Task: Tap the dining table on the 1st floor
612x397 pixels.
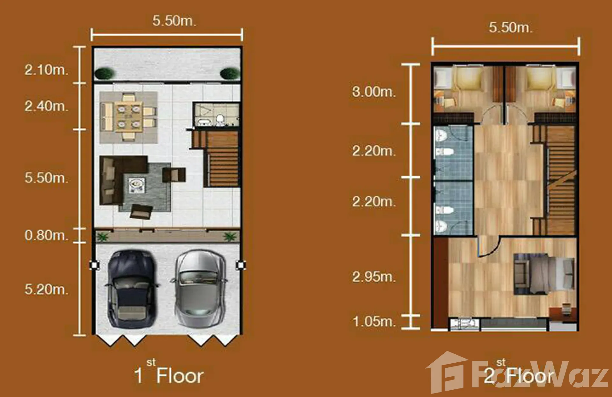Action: click(129, 117)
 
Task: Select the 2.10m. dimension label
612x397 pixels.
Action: click(47, 70)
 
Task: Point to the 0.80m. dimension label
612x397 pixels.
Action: click(47, 235)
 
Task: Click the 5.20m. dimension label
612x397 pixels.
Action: click(47, 289)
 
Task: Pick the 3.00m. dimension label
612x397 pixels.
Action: click(374, 92)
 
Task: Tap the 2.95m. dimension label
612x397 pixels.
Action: click(374, 277)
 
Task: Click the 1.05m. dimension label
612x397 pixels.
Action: click(374, 322)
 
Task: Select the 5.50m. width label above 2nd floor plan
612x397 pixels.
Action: click(511, 27)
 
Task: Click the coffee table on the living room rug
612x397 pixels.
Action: click(137, 185)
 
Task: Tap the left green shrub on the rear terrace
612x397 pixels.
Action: click(104, 73)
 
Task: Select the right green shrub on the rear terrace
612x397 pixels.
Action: click(230, 73)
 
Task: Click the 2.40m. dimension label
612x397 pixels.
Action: click(47, 106)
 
